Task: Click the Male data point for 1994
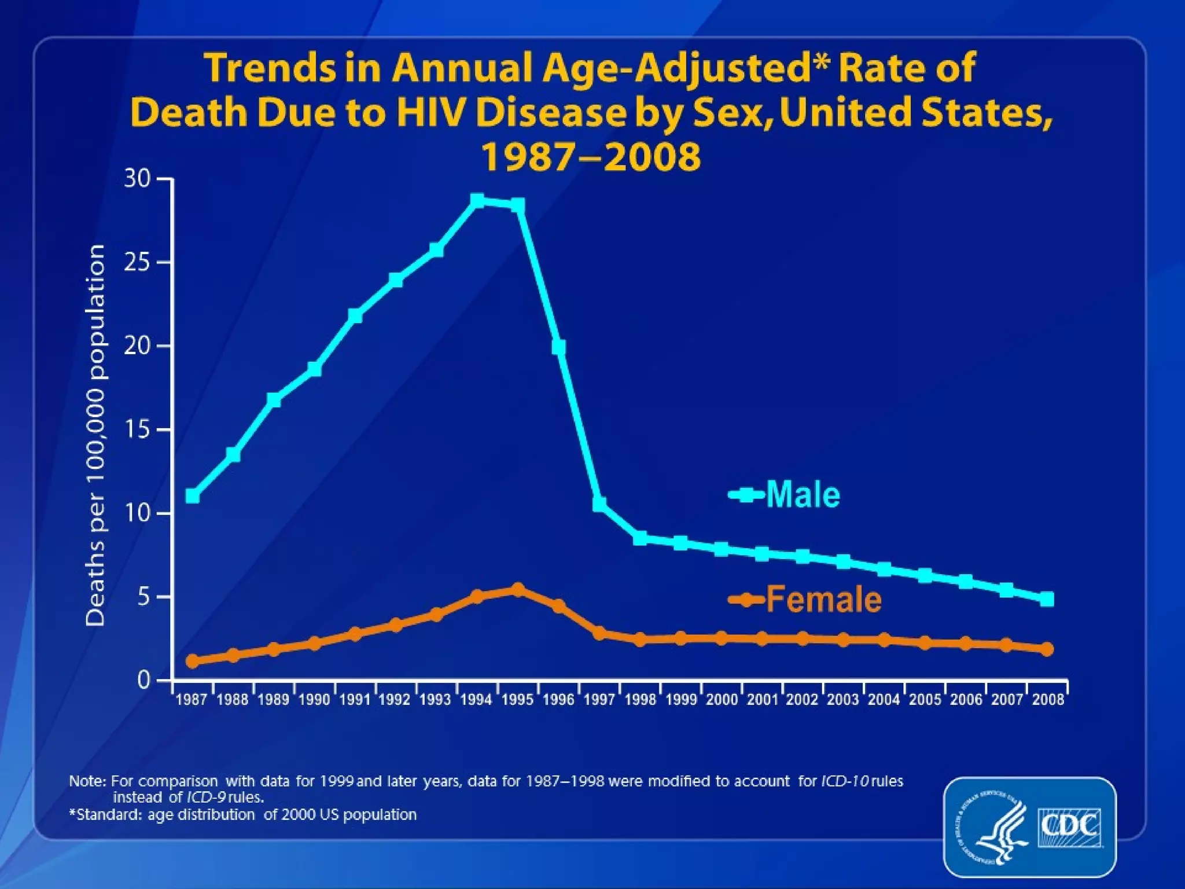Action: tap(477, 201)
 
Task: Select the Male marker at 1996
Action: tap(558, 347)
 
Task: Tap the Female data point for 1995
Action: tap(518, 590)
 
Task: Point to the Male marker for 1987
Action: tap(193, 496)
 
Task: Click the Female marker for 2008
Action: tap(1047, 649)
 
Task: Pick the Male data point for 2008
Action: tap(1047, 599)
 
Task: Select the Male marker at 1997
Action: tap(599, 504)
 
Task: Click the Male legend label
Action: tap(803, 495)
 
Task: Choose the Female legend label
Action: tap(824, 600)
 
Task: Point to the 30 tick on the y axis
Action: tap(137, 179)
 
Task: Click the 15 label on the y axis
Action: tap(137, 429)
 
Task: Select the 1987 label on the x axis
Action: tap(192, 700)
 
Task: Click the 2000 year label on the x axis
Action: tap(722, 700)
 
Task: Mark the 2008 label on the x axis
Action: tap(1048, 700)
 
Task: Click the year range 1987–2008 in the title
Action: tap(591, 156)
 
